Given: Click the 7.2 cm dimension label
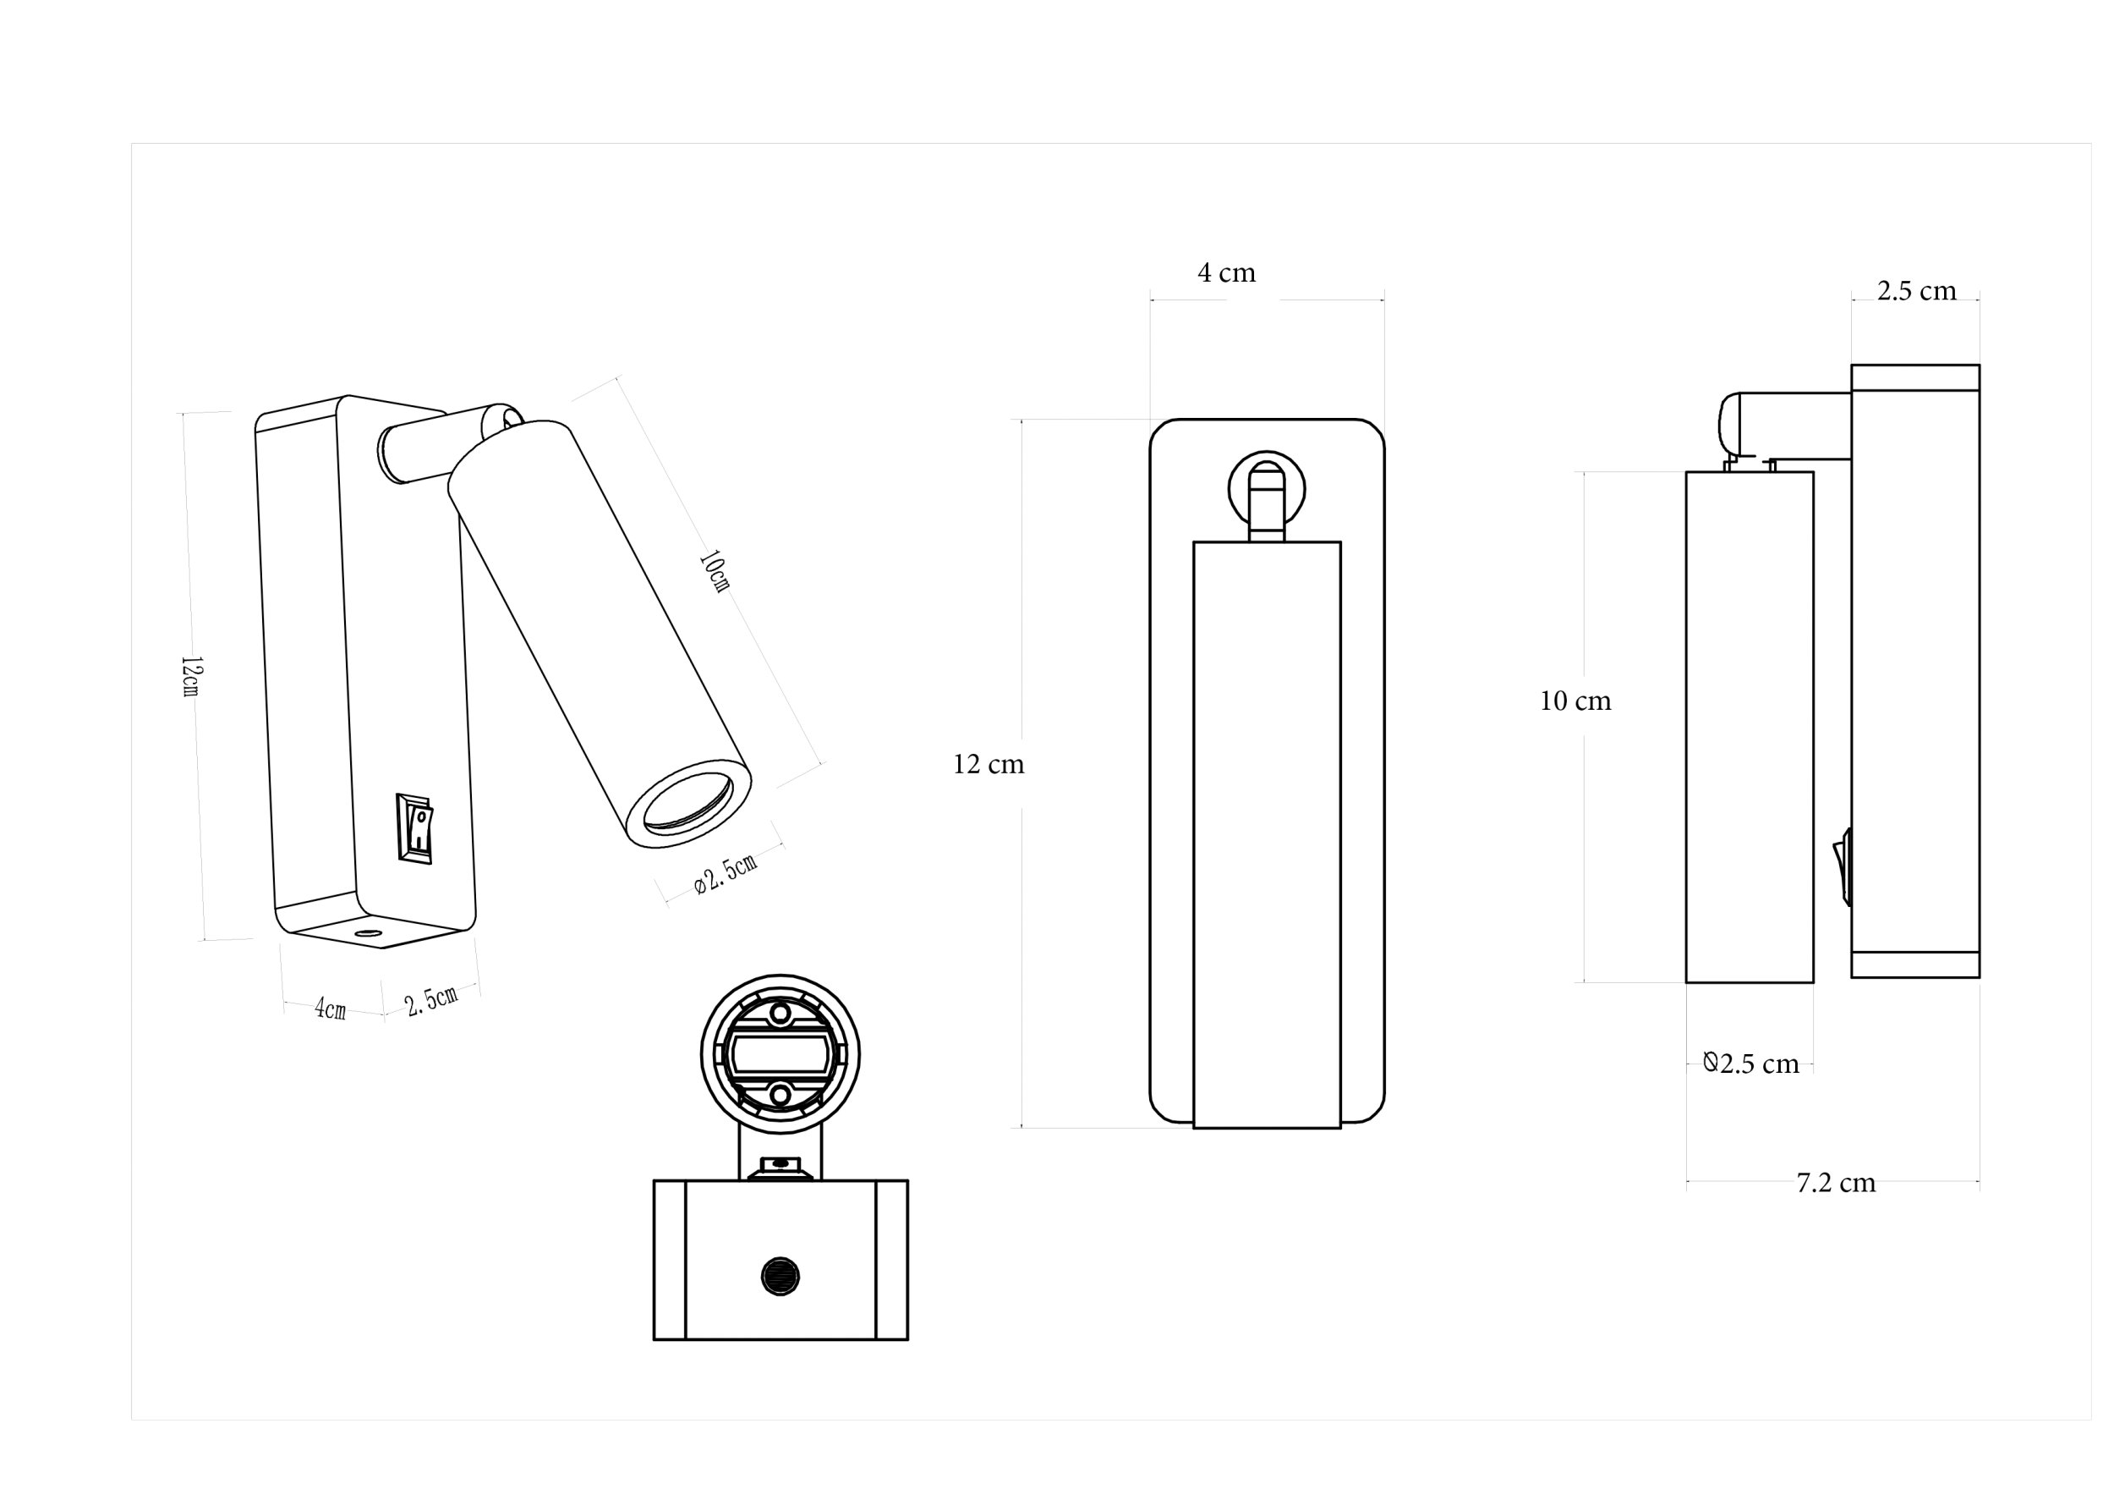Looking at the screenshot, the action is [x=1835, y=1183].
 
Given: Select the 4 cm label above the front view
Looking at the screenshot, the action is [x=1226, y=272].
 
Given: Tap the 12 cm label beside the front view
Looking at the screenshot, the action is [x=988, y=765].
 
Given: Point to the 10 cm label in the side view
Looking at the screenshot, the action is [x=1575, y=701].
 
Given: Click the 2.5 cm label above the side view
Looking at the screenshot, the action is [x=1917, y=291].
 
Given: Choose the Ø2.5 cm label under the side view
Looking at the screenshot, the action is [x=1750, y=1064].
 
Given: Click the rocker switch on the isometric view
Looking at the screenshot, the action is [x=414, y=827].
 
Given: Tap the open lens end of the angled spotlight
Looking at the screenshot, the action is [x=688, y=802].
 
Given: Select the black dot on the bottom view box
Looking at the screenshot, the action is [x=780, y=1277].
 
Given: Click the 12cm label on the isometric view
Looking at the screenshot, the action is [x=190, y=676].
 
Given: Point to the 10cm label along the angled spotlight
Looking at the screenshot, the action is [x=714, y=571].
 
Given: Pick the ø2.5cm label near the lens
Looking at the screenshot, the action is [x=726, y=873].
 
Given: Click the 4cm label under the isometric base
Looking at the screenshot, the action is [x=331, y=1009].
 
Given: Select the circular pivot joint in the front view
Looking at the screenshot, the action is [x=1267, y=489].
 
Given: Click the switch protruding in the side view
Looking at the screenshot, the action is [x=1843, y=866].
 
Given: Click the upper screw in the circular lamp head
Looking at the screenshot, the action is [x=780, y=1014].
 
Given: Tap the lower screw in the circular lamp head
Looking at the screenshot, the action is [x=780, y=1094].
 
